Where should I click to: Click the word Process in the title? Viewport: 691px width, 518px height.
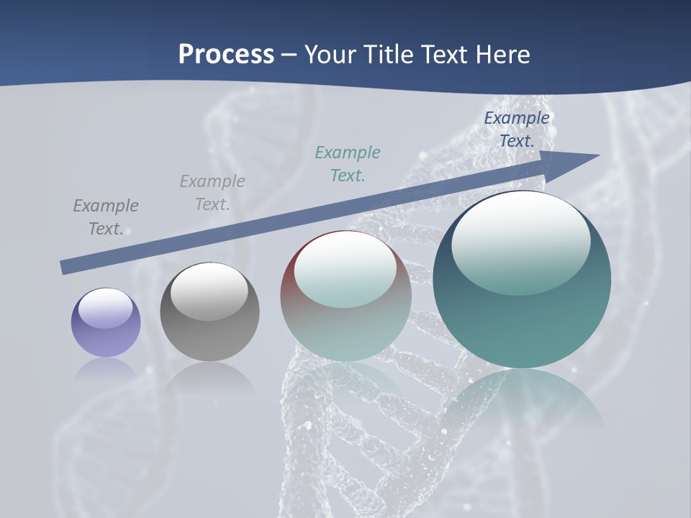click(x=226, y=55)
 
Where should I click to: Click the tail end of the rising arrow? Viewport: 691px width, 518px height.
click(x=63, y=268)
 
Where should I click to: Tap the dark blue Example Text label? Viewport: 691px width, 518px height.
click(x=517, y=129)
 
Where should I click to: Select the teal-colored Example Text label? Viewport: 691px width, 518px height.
click(x=348, y=163)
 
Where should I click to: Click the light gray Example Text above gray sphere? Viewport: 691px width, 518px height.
click(x=212, y=192)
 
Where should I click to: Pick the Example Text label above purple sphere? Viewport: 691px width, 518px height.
click(x=106, y=217)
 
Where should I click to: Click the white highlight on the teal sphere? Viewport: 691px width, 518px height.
click(x=520, y=243)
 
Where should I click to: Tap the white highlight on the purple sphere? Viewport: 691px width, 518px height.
click(x=106, y=308)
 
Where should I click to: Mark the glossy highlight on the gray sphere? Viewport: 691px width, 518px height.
click(x=209, y=291)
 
